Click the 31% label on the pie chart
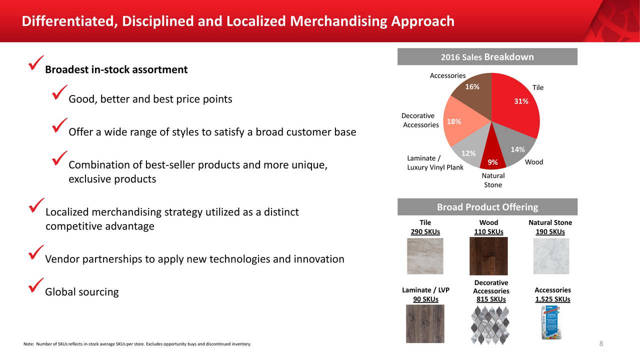tap(521, 101)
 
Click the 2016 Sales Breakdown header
tap(487, 57)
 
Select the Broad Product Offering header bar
tap(487, 207)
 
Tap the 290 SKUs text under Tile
tap(425, 231)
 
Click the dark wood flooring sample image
tap(488, 256)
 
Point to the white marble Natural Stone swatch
tap(551, 256)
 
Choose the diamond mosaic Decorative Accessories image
tap(490, 325)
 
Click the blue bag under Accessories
tap(551, 322)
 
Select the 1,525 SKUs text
tap(552, 299)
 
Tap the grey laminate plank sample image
tap(425, 323)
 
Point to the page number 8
tap(601, 343)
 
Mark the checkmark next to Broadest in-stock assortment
tap(36, 63)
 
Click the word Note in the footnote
tap(28, 344)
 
